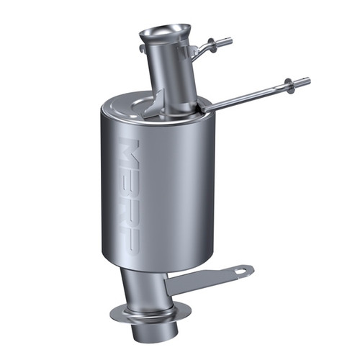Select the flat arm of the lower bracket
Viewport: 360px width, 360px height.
209,278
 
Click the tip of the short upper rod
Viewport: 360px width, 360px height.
229,41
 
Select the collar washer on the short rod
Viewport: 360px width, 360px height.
213,45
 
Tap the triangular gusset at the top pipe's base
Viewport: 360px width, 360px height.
155,107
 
